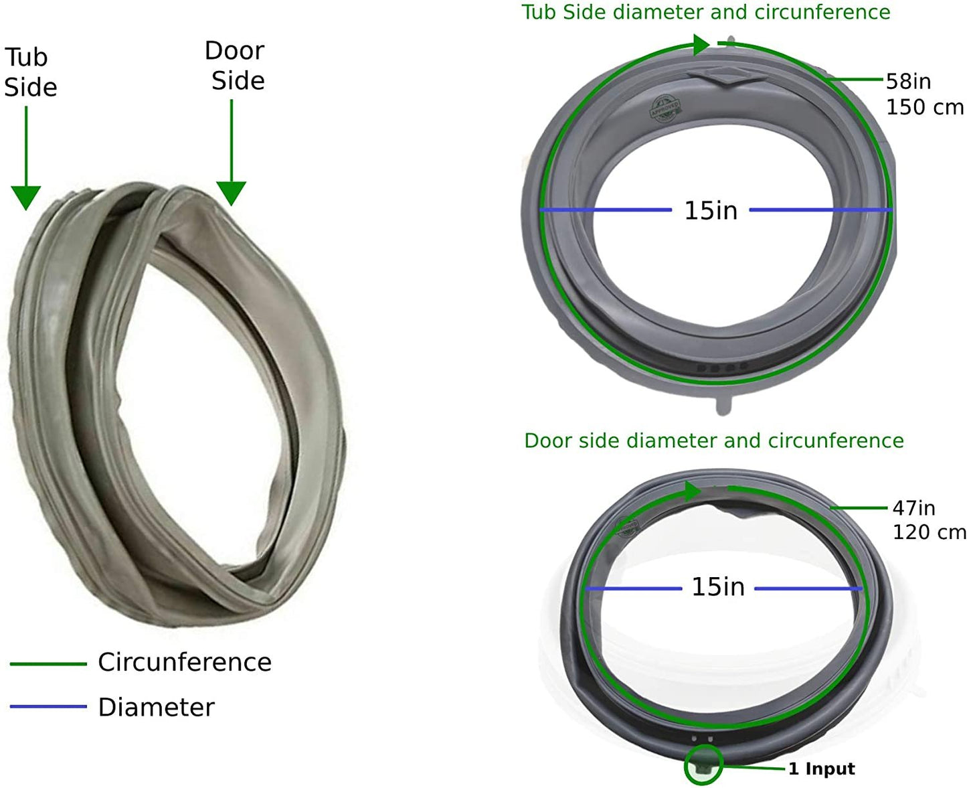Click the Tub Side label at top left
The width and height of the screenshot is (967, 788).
coord(30,72)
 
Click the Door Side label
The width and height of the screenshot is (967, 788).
coord(236,66)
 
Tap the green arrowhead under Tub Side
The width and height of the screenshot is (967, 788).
coord(26,198)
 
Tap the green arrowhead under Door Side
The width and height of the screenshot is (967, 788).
coord(231,193)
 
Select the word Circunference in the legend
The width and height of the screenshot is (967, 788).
coord(185,662)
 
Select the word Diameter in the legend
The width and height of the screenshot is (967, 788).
coord(156,707)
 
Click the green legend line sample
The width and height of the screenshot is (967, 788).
coord(48,663)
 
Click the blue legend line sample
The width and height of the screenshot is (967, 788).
coord(48,706)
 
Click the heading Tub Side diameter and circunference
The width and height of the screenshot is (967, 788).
coord(705,12)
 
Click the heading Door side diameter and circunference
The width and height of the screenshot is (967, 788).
coord(713,441)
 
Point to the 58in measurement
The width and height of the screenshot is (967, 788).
coord(908,81)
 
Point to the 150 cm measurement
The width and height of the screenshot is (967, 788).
coord(925,107)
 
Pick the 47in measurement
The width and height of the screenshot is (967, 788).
coord(913,508)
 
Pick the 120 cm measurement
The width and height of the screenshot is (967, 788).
coord(929,532)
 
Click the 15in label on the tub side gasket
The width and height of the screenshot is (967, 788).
coord(710,210)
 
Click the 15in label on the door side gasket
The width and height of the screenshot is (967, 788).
coord(717,587)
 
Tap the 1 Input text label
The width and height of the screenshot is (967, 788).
coord(821,769)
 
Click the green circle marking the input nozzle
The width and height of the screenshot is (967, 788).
coord(703,765)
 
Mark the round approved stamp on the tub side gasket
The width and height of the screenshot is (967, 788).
coord(665,110)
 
